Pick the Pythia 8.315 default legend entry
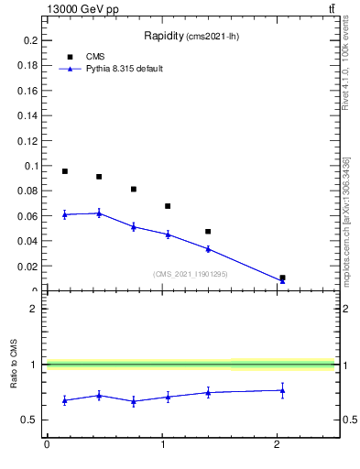pyautogui.click(x=124, y=69)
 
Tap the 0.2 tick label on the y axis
pyautogui.click(x=30, y=41)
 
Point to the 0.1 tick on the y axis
pyautogui.click(x=30, y=167)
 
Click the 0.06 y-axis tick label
pyautogui.click(x=27, y=216)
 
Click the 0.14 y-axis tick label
pyautogui.click(x=27, y=116)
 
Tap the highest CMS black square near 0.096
pyautogui.click(x=65, y=171)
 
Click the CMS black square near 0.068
pyautogui.click(x=168, y=206)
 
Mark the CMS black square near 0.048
pyautogui.click(x=208, y=232)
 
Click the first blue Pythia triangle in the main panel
pyautogui.click(x=65, y=214)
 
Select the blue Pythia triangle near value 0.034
pyautogui.click(x=208, y=248)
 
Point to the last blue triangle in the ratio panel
pyautogui.click(x=282, y=390)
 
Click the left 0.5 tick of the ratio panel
pyautogui.click(x=33, y=420)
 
